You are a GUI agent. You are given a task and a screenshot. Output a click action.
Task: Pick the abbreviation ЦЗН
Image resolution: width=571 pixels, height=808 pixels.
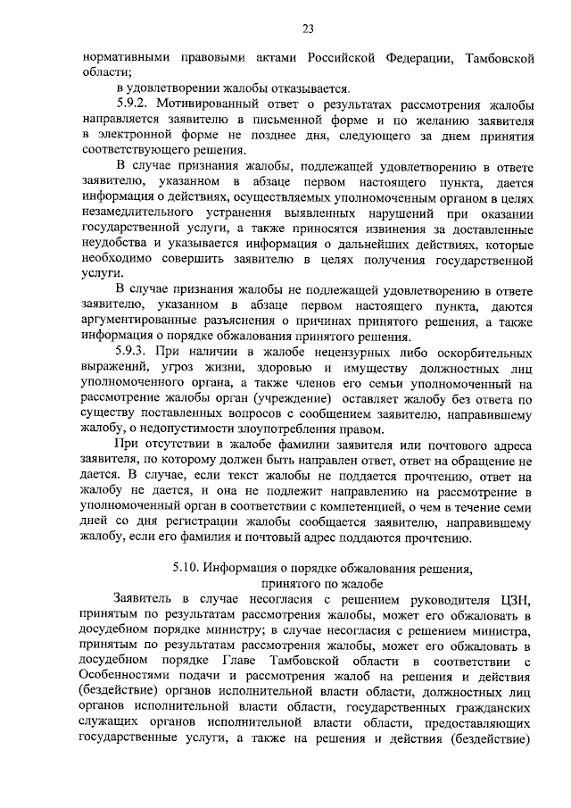pyautogui.click(x=517, y=600)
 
